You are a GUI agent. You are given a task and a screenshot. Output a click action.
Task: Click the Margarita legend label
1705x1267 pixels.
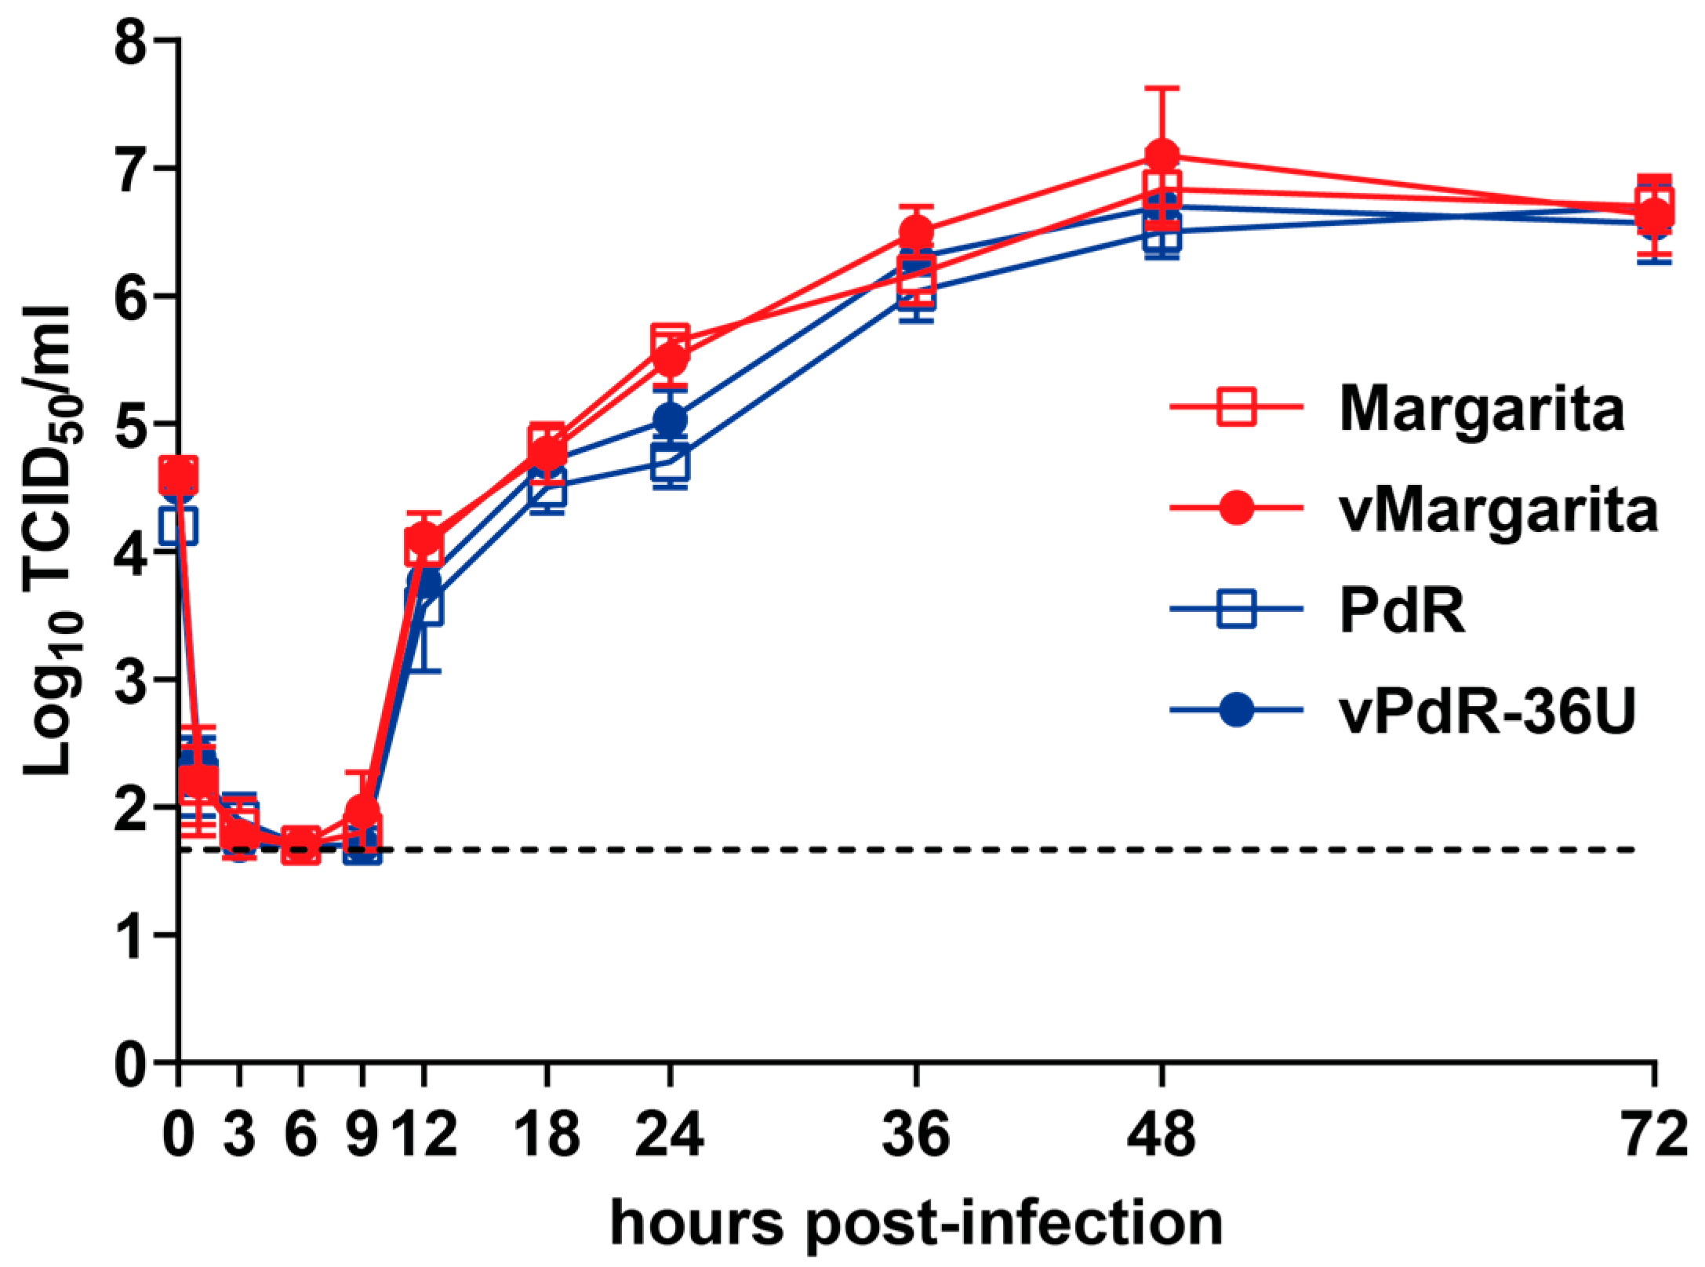click(x=1481, y=409)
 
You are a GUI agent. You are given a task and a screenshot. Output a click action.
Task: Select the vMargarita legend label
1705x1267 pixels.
click(x=1498, y=510)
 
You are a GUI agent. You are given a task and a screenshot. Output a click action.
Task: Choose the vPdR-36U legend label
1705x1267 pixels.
click(x=1487, y=711)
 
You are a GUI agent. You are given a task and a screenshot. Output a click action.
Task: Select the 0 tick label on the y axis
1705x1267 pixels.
click(x=130, y=1065)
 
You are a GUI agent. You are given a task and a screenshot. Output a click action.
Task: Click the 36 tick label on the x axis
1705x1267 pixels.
click(x=915, y=1134)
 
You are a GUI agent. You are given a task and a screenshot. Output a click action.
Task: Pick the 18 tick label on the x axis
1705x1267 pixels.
click(x=547, y=1134)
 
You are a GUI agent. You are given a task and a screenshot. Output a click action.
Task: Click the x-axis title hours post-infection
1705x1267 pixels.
click(x=916, y=1222)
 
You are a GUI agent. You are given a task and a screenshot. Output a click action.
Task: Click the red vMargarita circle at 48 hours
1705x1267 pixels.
click(x=1162, y=155)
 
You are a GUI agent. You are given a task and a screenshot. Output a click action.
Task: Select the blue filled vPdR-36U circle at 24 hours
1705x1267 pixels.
click(x=670, y=419)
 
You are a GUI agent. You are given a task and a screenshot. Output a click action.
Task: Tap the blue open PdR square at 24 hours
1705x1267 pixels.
click(x=670, y=462)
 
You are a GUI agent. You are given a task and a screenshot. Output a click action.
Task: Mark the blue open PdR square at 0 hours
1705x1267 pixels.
click(x=179, y=526)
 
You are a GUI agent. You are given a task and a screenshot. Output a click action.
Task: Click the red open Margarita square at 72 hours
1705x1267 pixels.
click(x=1653, y=200)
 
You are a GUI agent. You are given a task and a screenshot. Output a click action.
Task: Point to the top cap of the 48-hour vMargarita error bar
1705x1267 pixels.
click(x=1162, y=88)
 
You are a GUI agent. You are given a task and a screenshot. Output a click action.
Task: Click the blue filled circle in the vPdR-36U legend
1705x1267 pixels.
click(x=1236, y=710)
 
